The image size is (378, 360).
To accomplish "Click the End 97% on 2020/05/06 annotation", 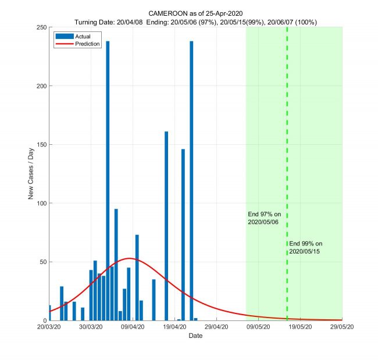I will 264,218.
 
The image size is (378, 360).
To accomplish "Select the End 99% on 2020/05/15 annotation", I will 305,247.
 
